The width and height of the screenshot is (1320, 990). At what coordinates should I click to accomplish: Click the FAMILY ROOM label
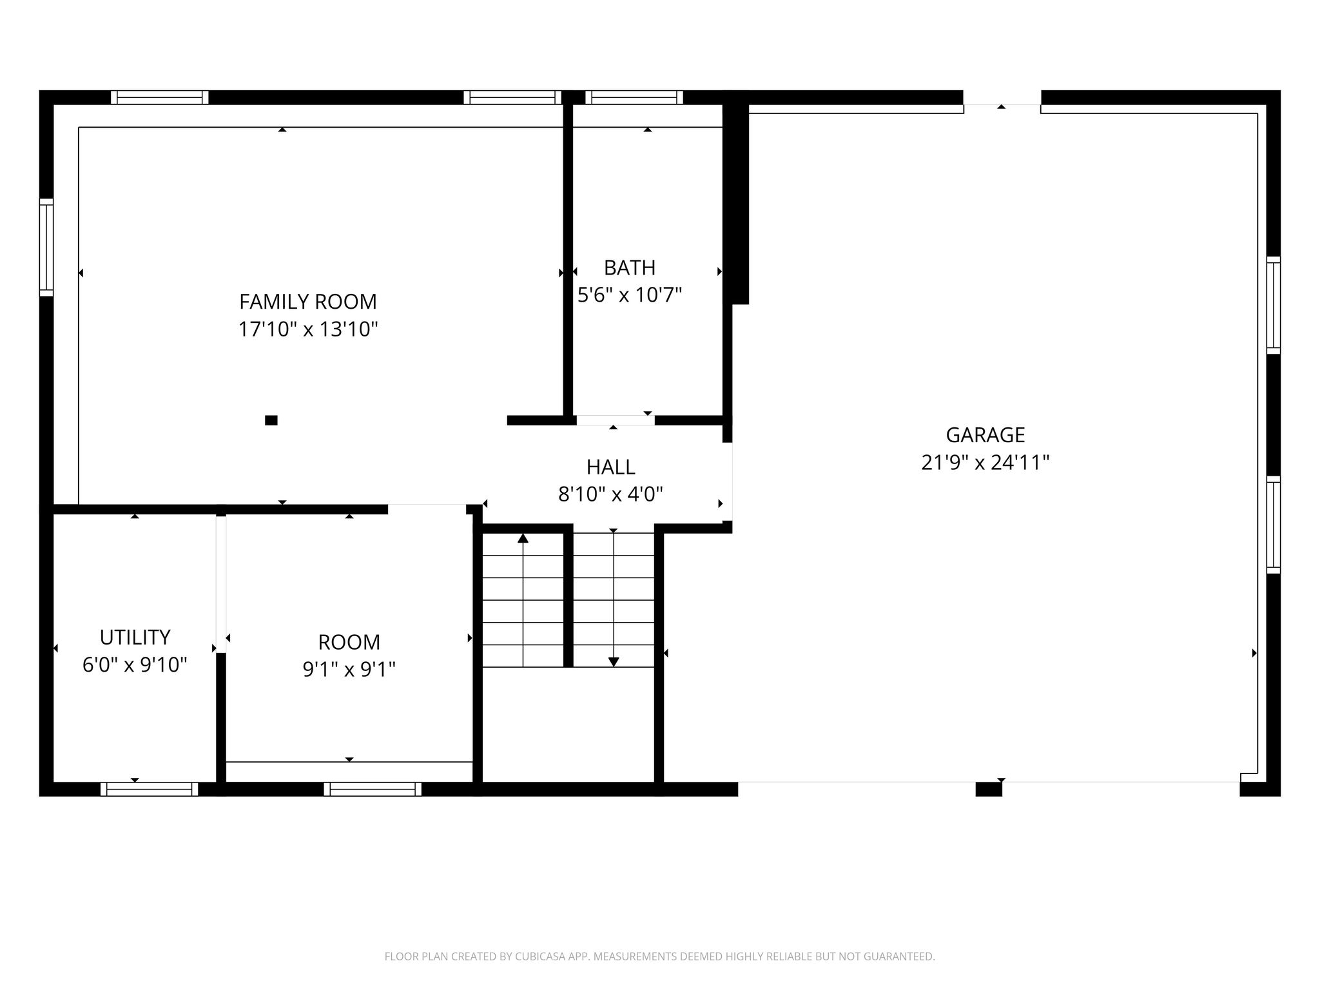coord(308,302)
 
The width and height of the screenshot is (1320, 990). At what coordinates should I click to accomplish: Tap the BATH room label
coord(630,267)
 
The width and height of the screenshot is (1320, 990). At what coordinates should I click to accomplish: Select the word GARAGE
coord(985,435)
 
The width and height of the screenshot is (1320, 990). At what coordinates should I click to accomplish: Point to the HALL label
coord(610,467)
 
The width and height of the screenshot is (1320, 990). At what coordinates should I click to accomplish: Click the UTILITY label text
coord(135,637)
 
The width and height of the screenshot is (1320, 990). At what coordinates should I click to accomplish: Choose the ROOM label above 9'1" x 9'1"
coord(349,642)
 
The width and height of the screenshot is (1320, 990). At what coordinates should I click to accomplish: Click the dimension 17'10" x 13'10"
coord(308,329)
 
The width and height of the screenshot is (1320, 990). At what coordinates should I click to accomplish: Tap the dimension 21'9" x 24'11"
coord(985,463)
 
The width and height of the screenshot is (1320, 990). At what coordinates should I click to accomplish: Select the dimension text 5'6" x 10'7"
coord(630,295)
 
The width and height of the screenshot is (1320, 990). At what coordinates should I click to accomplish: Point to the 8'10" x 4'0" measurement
coord(610,494)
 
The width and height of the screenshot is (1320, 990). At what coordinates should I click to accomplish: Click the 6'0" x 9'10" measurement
coord(135,665)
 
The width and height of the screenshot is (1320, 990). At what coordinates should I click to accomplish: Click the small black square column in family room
coord(271,420)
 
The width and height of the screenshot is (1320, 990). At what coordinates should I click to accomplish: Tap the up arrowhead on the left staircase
coord(523,538)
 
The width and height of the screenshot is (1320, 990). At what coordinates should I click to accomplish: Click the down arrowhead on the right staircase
coord(614,662)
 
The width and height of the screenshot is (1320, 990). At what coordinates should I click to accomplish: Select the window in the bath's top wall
coord(634,97)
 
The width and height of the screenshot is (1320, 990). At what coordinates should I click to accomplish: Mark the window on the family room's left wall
coord(46,247)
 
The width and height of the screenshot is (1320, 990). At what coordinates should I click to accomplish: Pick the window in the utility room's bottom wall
coord(149,790)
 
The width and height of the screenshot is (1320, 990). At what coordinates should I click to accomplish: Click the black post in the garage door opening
coord(989,790)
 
